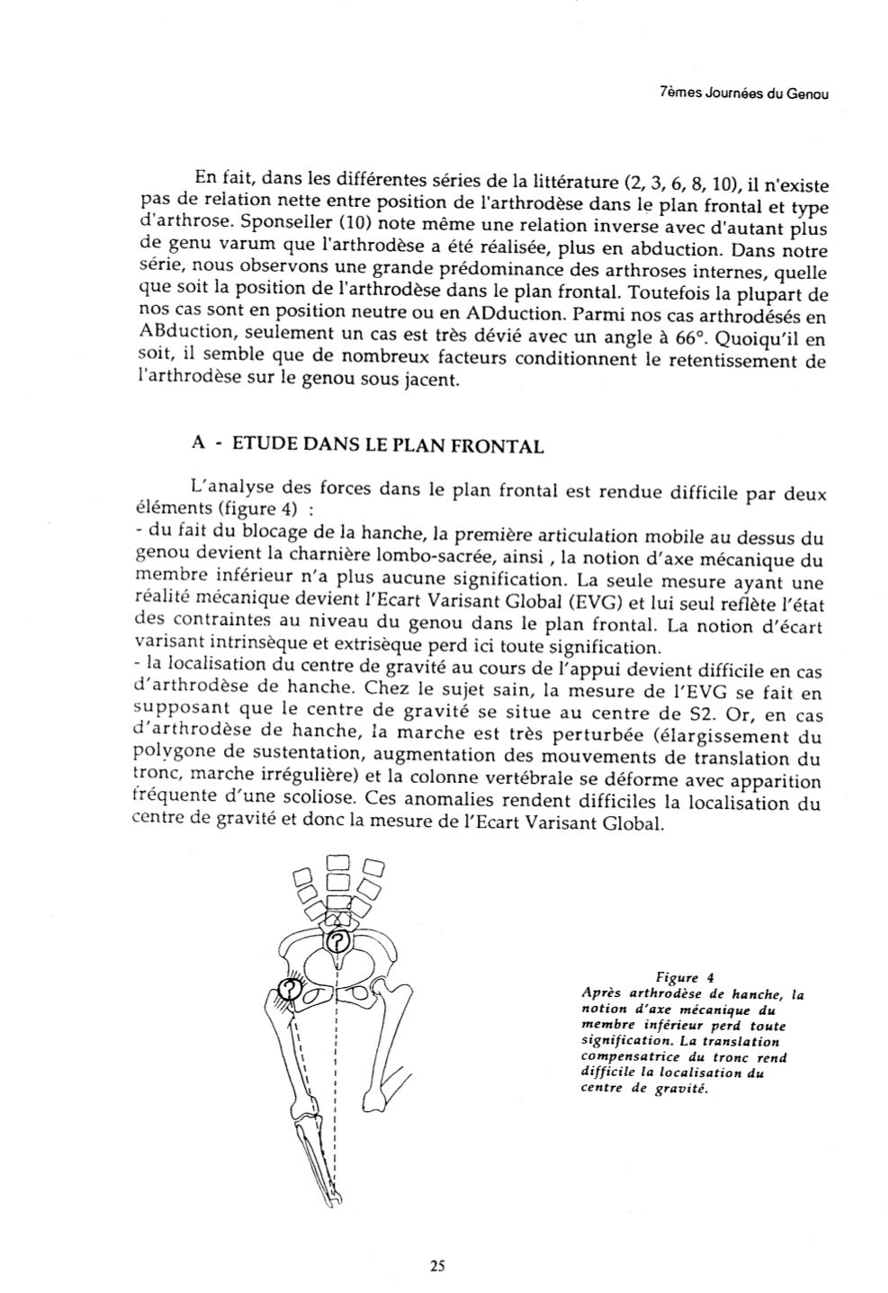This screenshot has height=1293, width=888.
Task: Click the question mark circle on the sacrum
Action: point(337,941)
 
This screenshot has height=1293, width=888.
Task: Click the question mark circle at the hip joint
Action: point(288,989)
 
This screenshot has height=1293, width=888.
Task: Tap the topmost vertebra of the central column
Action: point(336,861)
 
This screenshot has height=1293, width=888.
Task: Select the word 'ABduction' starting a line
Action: point(183,338)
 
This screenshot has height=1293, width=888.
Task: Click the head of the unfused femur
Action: point(359,992)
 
